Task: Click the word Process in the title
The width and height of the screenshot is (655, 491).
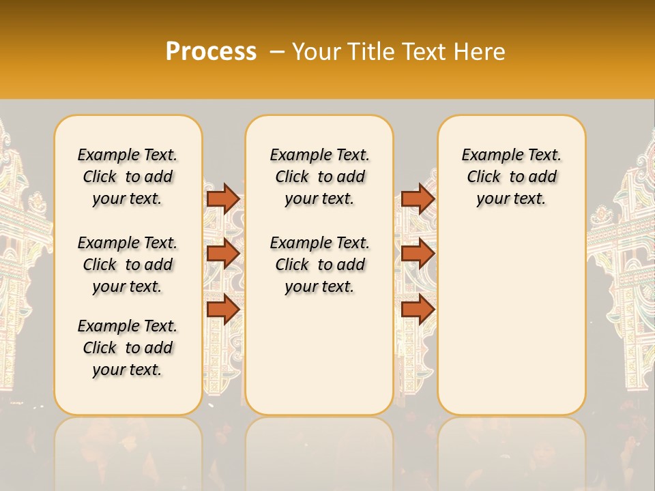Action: [x=211, y=52]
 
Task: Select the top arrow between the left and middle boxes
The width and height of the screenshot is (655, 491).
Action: [x=223, y=198]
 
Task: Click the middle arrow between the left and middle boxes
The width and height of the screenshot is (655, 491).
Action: [x=223, y=254]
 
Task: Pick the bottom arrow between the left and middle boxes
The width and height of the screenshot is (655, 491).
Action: [x=223, y=310]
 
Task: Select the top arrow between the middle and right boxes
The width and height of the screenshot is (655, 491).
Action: [x=418, y=198]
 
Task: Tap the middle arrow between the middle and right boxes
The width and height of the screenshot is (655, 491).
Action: [x=418, y=254]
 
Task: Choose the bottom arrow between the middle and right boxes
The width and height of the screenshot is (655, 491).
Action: [x=418, y=310]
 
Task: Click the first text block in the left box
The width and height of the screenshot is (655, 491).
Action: [x=128, y=177]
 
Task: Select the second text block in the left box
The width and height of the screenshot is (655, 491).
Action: [x=128, y=265]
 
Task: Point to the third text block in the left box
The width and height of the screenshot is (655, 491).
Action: [x=128, y=348]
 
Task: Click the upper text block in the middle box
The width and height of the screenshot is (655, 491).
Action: [x=319, y=177]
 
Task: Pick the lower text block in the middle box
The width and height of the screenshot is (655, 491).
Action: [x=319, y=265]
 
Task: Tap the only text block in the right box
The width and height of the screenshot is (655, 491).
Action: [x=512, y=177]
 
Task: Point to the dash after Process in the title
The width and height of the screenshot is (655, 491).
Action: [x=276, y=52]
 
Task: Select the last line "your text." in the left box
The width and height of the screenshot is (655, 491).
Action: [x=128, y=370]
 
